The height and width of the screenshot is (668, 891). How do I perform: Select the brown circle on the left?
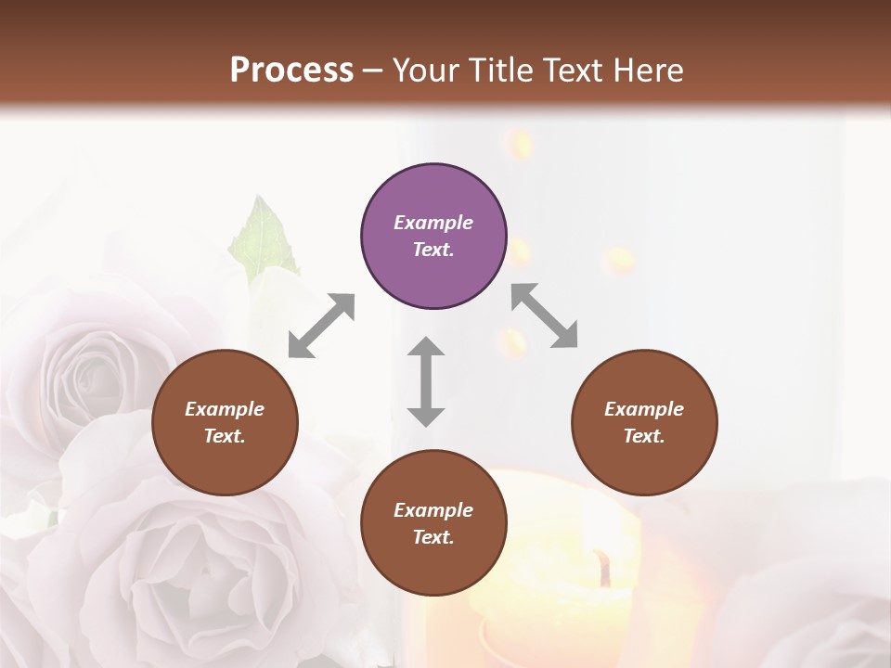(225, 422)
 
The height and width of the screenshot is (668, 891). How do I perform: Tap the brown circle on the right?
(644, 422)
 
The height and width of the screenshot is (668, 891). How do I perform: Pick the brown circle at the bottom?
(433, 523)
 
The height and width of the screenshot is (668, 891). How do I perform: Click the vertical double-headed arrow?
(426, 381)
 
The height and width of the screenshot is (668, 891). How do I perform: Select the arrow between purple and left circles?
(321, 326)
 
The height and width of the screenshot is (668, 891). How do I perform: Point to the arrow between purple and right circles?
(545, 316)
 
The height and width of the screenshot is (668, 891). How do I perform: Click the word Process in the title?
(291, 71)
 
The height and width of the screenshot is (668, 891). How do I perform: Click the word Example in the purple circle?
(433, 223)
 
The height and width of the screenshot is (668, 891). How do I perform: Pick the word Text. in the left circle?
(225, 436)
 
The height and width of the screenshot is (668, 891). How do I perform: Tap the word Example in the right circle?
(644, 409)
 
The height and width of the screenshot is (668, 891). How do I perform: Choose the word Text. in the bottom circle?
(433, 537)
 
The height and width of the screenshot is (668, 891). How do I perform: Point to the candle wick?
(604, 567)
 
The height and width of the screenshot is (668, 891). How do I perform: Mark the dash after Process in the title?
(373, 71)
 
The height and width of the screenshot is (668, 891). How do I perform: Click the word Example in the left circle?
(225, 409)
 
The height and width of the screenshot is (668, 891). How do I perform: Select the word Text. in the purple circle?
(433, 250)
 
